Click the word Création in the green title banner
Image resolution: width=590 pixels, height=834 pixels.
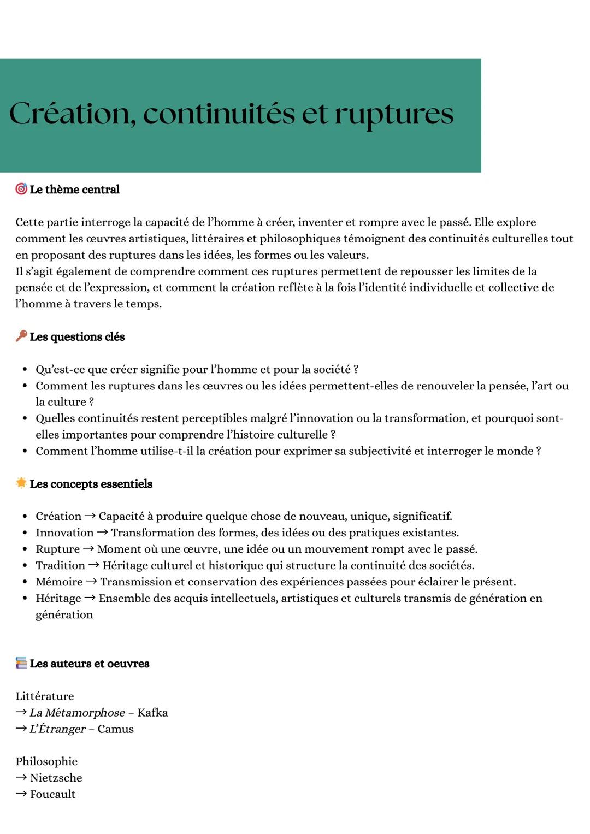(x=72, y=114)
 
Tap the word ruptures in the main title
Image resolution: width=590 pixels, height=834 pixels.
(x=393, y=114)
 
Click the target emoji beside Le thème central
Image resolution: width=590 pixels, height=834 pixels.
(x=21, y=189)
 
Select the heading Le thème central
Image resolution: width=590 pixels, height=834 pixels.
(x=74, y=190)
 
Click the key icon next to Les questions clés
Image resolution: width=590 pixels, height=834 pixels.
(x=21, y=336)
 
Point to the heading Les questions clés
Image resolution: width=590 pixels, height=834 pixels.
(x=77, y=337)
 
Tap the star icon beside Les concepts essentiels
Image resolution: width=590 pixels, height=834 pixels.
(x=21, y=483)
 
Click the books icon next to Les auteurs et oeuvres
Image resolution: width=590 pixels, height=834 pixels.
(x=21, y=663)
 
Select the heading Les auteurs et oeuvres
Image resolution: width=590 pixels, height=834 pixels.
(x=90, y=664)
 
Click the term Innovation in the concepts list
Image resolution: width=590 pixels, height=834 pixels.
(x=64, y=533)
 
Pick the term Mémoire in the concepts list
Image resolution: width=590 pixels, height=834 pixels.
(x=59, y=582)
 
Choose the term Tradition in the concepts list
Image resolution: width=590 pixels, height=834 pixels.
(x=60, y=565)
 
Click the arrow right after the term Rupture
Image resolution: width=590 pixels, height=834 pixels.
(x=88, y=549)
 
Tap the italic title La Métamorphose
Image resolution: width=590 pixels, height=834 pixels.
(x=77, y=713)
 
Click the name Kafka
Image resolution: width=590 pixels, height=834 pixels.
(x=152, y=713)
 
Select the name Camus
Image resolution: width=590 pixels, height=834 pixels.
(x=115, y=729)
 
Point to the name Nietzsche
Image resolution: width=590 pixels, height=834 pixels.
(x=56, y=778)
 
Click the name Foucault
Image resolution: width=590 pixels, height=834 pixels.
(x=52, y=794)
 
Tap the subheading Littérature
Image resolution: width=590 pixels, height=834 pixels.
(x=44, y=696)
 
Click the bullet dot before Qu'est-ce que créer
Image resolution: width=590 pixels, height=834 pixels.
(x=25, y=370)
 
